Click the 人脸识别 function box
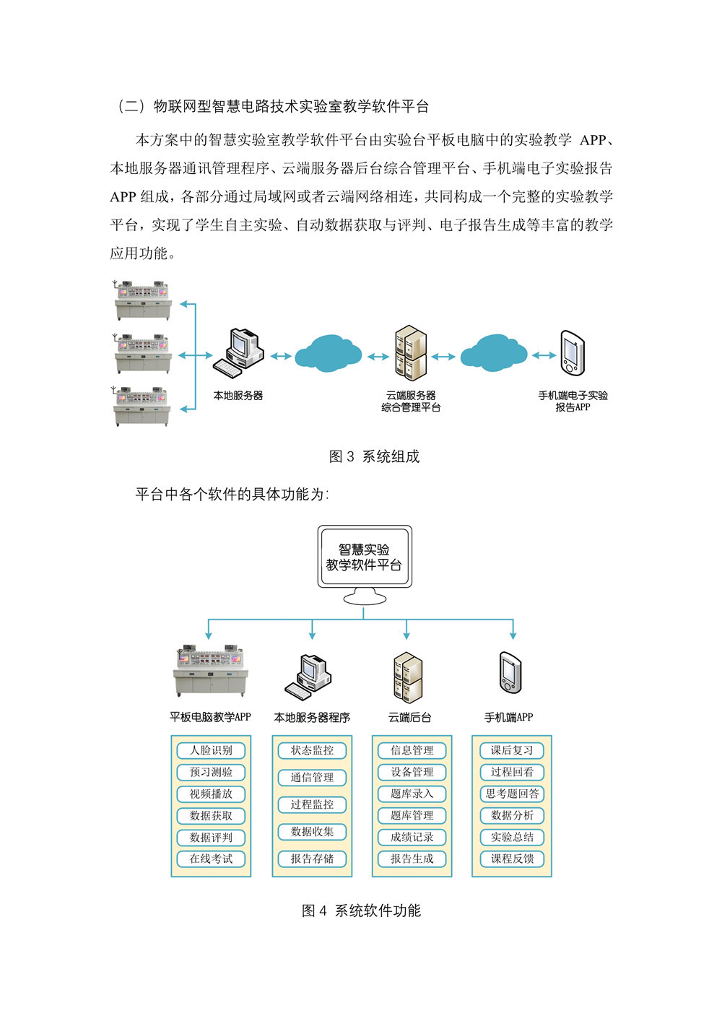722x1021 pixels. [x=211, y=750]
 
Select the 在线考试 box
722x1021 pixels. [x=211, y=859]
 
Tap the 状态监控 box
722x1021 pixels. [x=312, y=750]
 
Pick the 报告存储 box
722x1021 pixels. [x=312, y=859]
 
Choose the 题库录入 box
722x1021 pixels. [x=412, y=794]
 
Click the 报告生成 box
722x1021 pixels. [x=412, y=859]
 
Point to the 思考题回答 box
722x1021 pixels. [x=512, y=794]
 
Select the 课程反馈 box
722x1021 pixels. [x=512, y=859]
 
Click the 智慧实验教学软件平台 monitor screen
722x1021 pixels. [x=364, y=557]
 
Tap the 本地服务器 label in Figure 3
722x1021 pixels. [x=238, y=396]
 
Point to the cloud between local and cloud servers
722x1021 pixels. [x=329, y=352]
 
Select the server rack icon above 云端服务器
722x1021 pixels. [x=411, y=353]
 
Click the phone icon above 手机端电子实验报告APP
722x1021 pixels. [x=572, y=353]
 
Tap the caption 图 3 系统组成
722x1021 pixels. [x=374, y=456]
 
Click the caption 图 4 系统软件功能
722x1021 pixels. [x=361, y=911]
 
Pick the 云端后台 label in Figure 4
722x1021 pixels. [x=409, y=717]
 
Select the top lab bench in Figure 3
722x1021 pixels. [x=143, y=300]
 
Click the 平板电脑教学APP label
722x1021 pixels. [x=210, y=717]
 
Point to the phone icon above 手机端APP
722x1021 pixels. [x=509, y=672]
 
